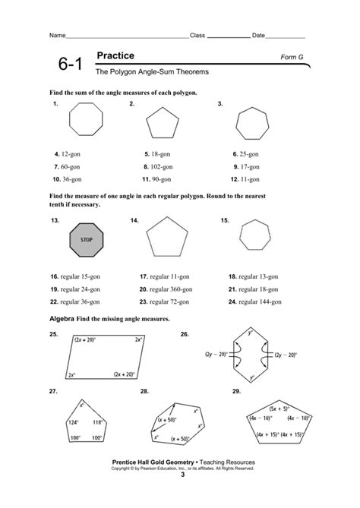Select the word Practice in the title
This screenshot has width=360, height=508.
[x=115, y=56]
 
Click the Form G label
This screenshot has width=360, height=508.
[x=292, y=57]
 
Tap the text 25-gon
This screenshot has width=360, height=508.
[x=250, y=153]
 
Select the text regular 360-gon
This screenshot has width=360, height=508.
[x=175, y=289]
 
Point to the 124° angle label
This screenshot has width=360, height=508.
[x=74, y=422]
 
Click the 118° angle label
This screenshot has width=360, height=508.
[x=98, y=422]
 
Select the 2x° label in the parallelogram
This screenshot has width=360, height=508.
[x=71, y=374]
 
